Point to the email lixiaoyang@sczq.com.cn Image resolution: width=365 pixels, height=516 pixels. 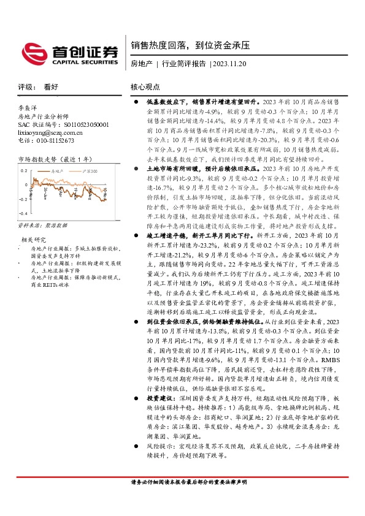click(x=50, y=132)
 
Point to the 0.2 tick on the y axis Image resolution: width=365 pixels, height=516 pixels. click(x=24, y=170)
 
